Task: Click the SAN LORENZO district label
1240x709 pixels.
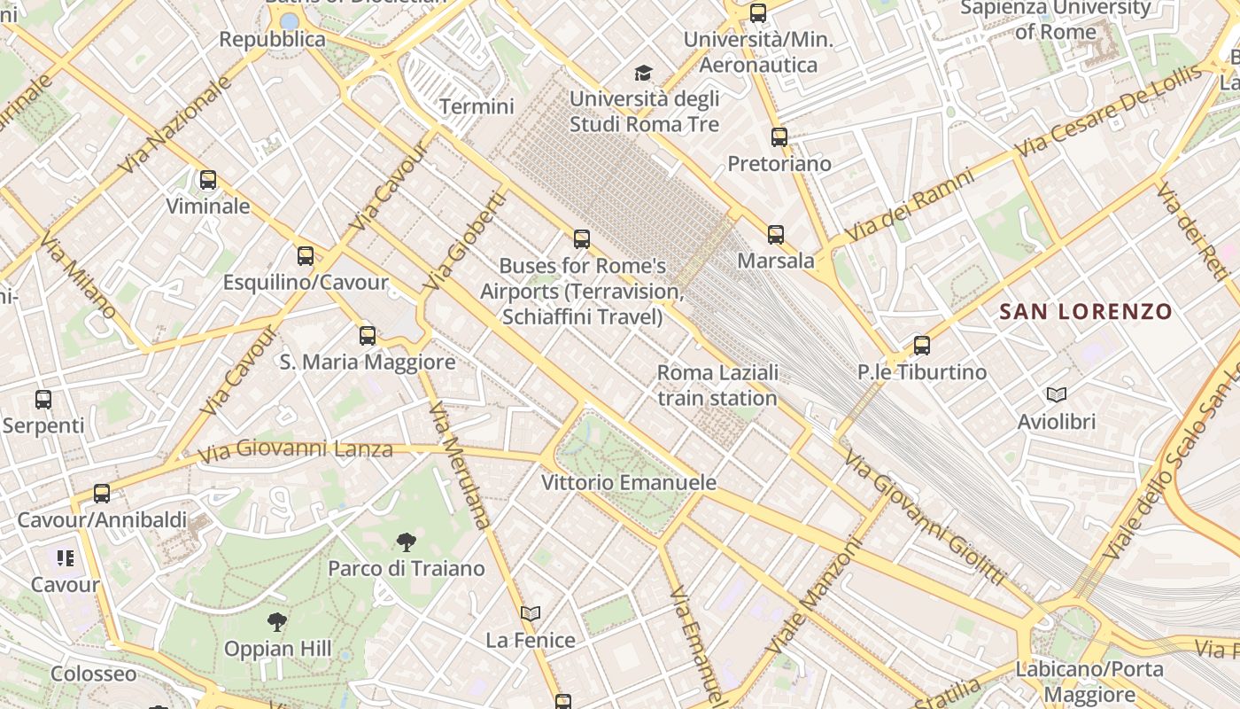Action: click(x=1086, y=312)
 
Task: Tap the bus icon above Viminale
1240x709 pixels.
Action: click(x=208, y=180)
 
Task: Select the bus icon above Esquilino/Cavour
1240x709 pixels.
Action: click(x=306, y=256)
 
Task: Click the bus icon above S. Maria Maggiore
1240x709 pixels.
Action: click(x=368, y=336)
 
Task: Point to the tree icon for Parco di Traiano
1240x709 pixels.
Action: click(x=407, y=541)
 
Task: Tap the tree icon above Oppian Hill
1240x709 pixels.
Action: click(x=277, y=622)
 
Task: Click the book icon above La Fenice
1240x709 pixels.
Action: click(x=531, y=613)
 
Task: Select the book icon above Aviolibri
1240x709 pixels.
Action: click(x=1056, y=394)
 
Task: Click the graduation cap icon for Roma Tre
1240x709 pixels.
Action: click(x=643, y=73)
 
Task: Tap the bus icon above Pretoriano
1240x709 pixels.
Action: click(x=779, y=137)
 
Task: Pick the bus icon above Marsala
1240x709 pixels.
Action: click(x=776, y=235)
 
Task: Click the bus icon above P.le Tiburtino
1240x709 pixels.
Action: click(x=922, y=346)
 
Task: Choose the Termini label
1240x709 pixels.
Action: click(x=477, y=106)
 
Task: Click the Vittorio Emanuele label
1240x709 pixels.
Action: click(x=628, y=483)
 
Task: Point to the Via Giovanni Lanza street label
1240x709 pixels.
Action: click(x=295, y=450)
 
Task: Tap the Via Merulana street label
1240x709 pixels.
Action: click(x=459, y=465)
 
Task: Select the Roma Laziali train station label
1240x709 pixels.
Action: click(x=717, y=385)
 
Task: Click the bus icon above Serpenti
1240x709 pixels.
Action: click(x=43, y=400)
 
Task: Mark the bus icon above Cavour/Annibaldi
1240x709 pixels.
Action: click(x=102, y=494)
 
